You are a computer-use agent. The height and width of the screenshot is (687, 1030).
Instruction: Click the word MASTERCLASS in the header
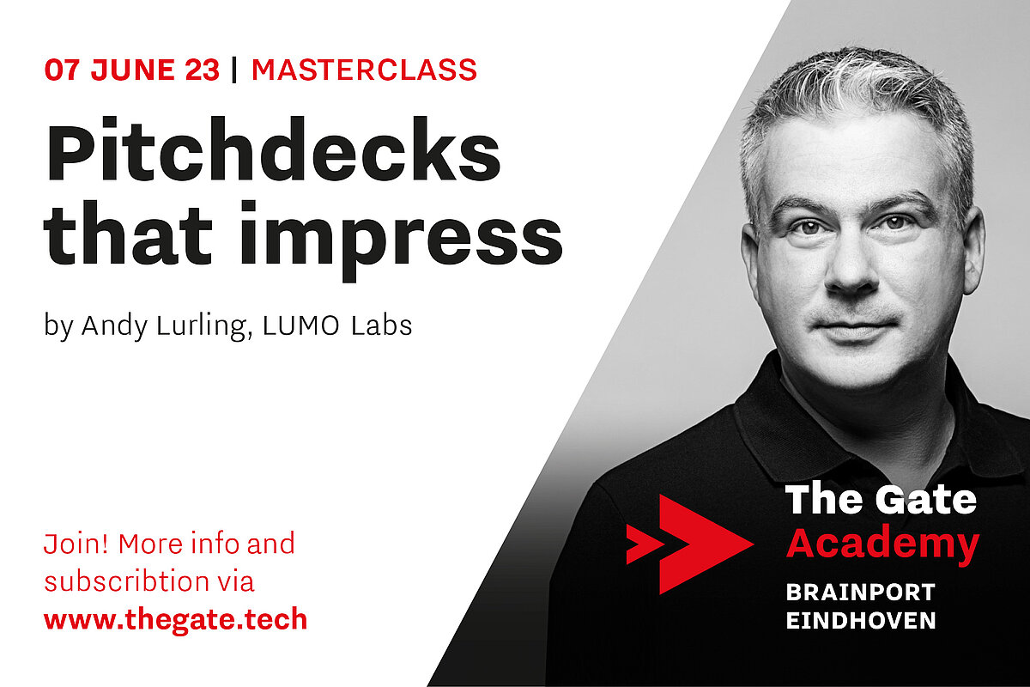364,70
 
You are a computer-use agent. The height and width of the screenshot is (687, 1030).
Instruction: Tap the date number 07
63,70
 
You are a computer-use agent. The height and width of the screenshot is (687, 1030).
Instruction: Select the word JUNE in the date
133,70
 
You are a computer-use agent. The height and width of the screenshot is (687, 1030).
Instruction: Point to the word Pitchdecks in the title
273,149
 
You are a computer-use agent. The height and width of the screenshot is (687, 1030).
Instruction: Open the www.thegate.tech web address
176,619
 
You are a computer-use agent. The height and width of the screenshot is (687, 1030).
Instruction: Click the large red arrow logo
690,544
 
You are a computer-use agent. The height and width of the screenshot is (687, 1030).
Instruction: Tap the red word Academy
882,544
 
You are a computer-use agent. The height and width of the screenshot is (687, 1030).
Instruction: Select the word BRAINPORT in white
860,593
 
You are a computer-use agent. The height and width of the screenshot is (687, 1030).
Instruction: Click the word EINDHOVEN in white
861,620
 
